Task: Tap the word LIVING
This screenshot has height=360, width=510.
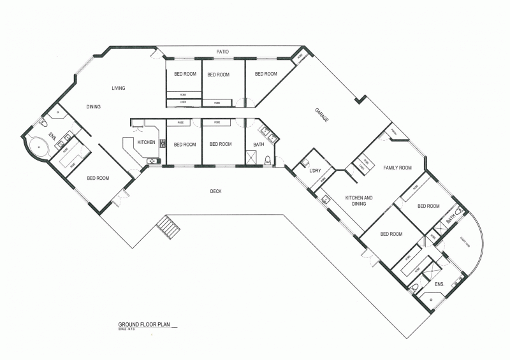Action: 119,88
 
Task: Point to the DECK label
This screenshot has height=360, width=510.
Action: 217,191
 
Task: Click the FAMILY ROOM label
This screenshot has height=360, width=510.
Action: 397,168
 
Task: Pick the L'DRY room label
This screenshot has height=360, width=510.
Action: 314,171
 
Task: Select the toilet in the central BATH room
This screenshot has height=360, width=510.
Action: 268,159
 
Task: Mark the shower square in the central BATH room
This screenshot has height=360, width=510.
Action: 253,157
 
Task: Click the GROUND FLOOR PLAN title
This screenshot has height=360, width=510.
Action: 145,324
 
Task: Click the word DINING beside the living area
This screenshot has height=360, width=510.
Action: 94,106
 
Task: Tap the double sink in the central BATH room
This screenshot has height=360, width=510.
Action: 268,134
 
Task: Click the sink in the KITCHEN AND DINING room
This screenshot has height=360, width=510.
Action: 326,199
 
